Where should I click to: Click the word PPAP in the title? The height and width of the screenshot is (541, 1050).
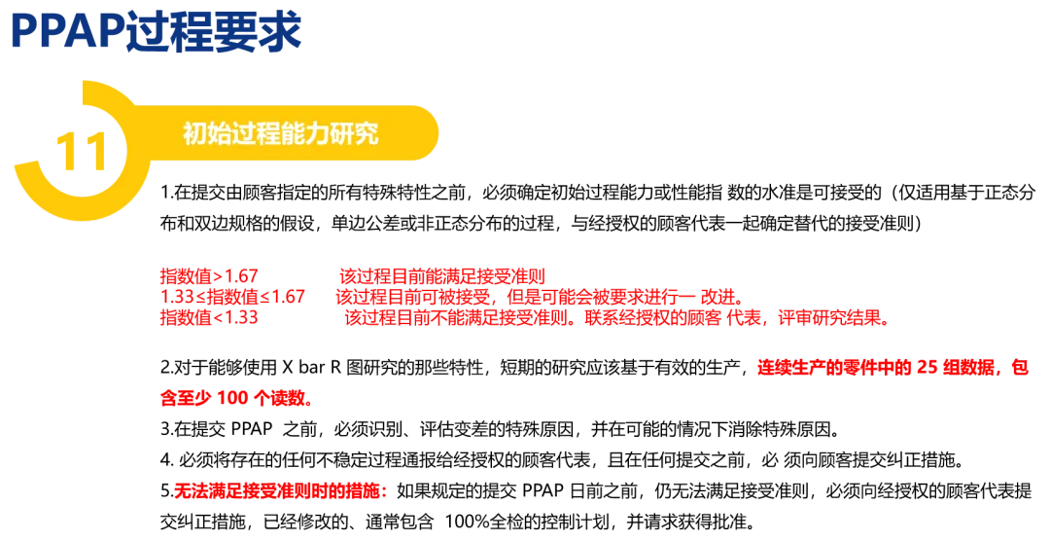[x=68, y=32]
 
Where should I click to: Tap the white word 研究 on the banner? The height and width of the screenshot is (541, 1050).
[x=353, y=134]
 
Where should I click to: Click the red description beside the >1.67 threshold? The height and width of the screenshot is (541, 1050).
[x=442, y=275]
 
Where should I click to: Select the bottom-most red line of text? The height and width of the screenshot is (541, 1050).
[x=278, y=492]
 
